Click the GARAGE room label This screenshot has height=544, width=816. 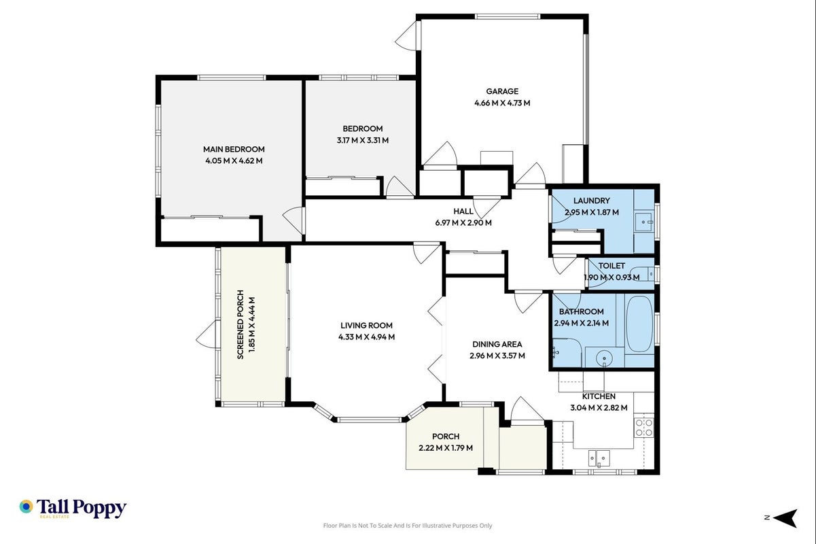(x=502, y=91)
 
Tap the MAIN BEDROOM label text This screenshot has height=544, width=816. (x=234, y=149)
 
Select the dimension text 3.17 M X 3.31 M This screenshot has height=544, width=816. (x=362, y=140)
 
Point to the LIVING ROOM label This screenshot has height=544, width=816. (x=366, y=325)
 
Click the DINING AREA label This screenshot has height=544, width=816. (x=497, y=344)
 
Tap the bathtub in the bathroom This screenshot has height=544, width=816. (x=639, y=324)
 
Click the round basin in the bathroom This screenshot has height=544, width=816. (x=604, y=358)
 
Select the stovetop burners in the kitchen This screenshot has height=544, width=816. (x=644, y=427)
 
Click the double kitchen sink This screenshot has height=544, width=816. (x=599, y=458)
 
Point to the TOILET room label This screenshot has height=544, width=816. (x=611, y=266)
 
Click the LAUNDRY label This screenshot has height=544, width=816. (x=592, y=201)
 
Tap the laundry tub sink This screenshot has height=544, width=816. (x=644, y=221)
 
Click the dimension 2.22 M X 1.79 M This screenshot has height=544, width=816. (x=446, y=447)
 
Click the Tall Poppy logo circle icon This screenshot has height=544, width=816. (x=26, y=507)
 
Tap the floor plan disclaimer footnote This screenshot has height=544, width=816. (x=408, y=526)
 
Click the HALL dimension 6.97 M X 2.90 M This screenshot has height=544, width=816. (x=463, y=223)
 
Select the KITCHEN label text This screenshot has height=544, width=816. (x=599, y=396)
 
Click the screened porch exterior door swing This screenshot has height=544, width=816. (x=206, y=334)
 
